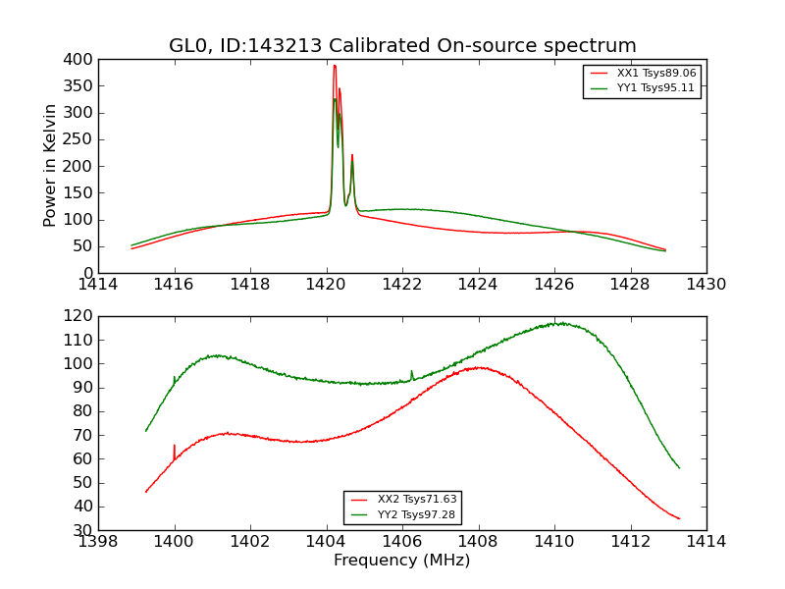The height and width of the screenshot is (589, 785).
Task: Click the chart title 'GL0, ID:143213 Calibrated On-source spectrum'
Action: point(402,45)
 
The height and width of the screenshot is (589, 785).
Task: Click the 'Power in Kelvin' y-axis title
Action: point(50,165)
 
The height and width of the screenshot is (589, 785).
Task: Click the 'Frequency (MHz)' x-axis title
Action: point(402,561)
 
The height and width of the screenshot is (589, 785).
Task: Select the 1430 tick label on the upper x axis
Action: point(706,285)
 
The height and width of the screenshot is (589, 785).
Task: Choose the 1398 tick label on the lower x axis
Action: point(98,542)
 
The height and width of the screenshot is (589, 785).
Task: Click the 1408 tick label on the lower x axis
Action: point(478,542)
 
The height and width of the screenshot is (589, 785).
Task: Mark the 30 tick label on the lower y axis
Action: point(84,530)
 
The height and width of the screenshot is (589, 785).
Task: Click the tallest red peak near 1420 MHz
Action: point(335,66)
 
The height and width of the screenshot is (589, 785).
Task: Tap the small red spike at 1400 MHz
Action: point(175,446)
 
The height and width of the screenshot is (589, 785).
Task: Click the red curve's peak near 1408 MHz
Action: point(480,367)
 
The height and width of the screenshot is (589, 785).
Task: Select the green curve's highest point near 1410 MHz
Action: point(558,322)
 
